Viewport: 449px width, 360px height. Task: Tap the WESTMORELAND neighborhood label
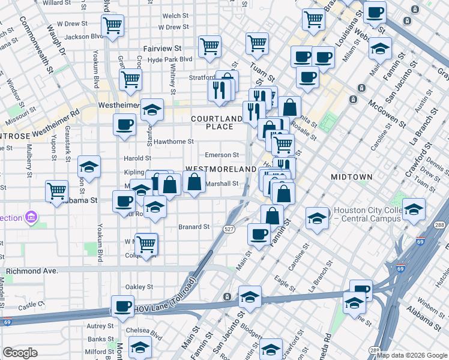coord(220,170)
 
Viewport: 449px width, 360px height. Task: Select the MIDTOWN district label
coord(352,177)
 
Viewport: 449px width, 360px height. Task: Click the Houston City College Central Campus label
coord(367,214)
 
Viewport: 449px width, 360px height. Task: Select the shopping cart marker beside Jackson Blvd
coord(112,25)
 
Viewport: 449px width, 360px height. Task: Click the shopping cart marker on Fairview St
coord(209,46)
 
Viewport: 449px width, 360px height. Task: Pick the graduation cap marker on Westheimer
coord(152,109)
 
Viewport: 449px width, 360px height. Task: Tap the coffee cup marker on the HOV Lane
coord(123,306)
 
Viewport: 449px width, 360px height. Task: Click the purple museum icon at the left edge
coord(31,217)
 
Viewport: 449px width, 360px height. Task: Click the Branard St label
coord(194,227)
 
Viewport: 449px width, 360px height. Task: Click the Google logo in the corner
coord(20,353)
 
